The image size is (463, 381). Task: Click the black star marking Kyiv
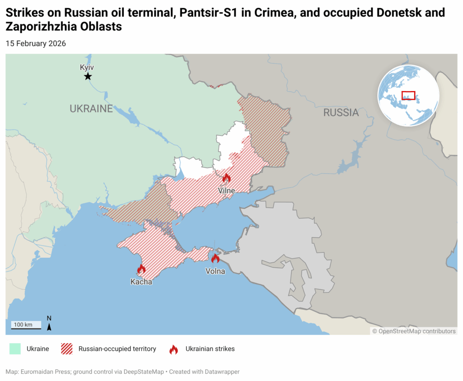[x=88, y=77]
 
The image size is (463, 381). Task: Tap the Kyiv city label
[x=87, y=67]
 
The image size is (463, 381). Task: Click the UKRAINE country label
[x=91, y=108]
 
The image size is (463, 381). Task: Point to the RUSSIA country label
[x=340, y=112]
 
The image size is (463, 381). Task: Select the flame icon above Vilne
[x=227, y=178]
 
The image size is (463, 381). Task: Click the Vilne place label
[x=227, y=190]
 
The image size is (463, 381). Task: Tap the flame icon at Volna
[x=215, y=258]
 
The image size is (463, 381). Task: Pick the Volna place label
[x=215, y=271]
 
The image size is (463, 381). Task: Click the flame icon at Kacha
[x=142, y=269]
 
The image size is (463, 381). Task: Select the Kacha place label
[x=142, y=282]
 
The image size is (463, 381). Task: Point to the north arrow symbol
[x=49, y=325]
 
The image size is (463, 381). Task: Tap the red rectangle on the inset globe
[x=408, y=95]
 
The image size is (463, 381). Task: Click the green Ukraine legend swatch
[x=15, y=349]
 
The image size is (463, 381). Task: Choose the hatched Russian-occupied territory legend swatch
[x=67, y=349]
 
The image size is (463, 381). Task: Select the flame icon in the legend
[x=174, y=349]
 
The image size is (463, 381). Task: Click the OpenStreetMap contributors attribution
[x=414, y=331]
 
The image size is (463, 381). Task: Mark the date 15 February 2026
[x=36, y=44]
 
